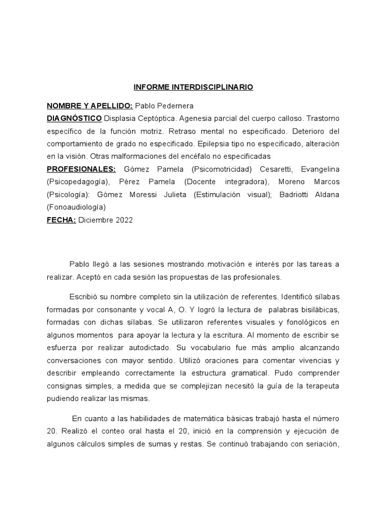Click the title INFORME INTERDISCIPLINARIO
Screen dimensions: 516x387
point(193,87)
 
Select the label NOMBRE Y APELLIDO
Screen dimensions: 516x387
point(90,106)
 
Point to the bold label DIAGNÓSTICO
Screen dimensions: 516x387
point(74,118)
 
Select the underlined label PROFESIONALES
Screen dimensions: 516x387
point(81,169)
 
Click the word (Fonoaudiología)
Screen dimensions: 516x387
point(76,207)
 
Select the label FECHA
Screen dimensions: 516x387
point(61,220)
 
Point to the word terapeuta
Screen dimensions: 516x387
point(321,386)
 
